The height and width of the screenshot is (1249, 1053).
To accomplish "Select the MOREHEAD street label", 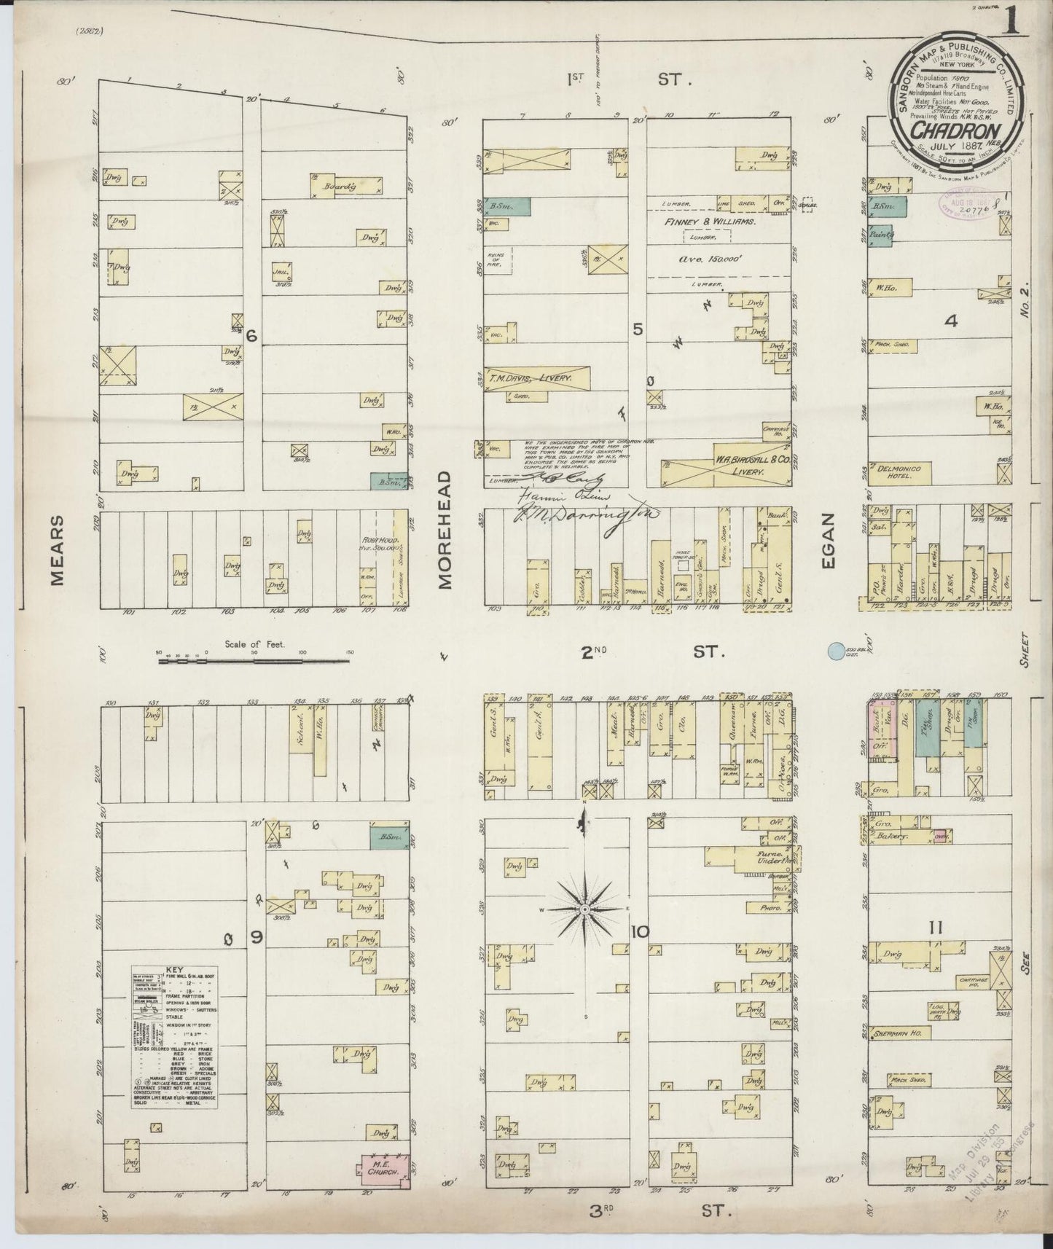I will click(445, 530).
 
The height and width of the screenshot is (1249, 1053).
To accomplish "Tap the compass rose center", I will click(584, 911).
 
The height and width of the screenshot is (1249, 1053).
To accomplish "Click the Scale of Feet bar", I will click(254, 662).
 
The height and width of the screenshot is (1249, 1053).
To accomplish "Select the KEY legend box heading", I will click(175, 971).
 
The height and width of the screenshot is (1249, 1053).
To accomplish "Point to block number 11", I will click(936, 928).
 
